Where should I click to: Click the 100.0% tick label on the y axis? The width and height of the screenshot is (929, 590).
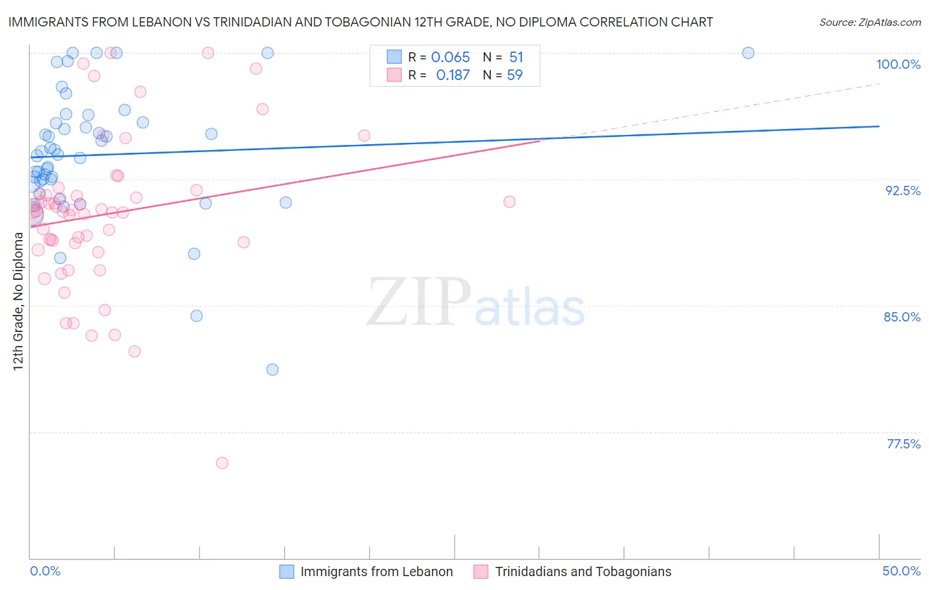(898, 64)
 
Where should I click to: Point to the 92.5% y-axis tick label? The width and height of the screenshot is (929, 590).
(903, 190)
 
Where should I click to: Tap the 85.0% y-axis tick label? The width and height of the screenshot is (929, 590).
(902, 317)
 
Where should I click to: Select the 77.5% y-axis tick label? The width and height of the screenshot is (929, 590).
(903, 444)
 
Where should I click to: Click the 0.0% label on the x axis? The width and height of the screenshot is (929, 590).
(46, 571)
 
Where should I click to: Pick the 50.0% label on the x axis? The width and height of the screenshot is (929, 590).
(901, 571)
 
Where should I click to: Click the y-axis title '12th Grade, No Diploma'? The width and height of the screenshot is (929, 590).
(18, 301)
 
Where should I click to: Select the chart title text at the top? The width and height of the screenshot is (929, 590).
(361, 22)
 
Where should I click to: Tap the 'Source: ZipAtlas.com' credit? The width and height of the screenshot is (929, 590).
(870, 22)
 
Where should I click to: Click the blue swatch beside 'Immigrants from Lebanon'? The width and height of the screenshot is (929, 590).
(287, 571)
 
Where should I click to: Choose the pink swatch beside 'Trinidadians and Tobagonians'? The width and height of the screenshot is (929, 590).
(481, 571)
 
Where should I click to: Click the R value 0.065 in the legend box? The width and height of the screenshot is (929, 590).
(450, 58)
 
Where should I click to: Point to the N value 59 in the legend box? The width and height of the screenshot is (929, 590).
(515, 75)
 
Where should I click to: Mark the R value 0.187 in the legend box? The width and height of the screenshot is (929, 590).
(453, 75)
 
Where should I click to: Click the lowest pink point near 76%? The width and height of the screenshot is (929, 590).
(222, 463)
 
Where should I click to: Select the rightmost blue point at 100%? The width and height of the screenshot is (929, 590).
(748, 53)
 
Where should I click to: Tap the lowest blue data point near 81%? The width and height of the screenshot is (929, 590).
(272, 370)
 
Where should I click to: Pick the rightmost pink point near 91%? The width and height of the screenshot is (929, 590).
(509, 202)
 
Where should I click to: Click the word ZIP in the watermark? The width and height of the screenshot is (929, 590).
(419, 302)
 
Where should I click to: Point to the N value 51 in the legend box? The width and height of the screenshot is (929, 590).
(516, 58)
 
